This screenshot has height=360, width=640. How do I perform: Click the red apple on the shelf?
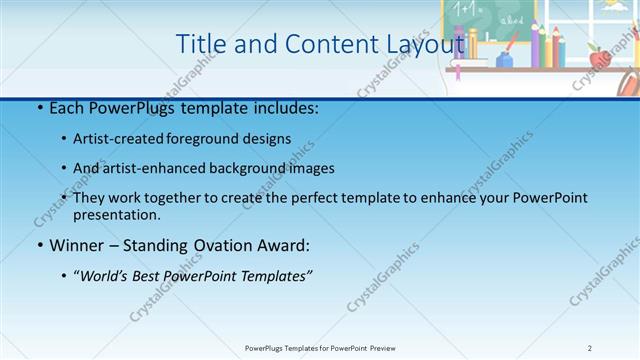(x=600, y=58)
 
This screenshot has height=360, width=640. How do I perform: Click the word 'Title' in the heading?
(x=198, y=44)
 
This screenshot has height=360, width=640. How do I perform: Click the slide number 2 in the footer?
(x=590, y=348)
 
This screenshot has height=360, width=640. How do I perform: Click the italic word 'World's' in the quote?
(x=106, y=276)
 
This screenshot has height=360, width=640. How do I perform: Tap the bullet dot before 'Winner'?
(x=39, y=246)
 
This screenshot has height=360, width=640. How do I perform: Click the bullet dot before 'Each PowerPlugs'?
(x=39, y=108)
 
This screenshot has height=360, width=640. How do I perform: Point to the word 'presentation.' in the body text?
(x=116, y=214)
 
